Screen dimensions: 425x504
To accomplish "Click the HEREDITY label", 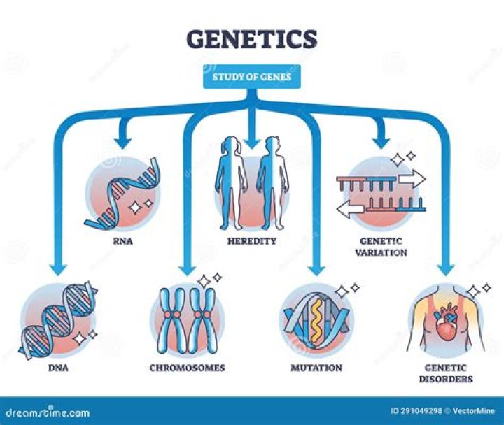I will point(252,241).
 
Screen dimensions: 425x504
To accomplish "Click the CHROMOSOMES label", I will point(187,368).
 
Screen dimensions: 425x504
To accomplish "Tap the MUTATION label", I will point(316,368).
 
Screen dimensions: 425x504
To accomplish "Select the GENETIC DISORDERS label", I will point(445,373).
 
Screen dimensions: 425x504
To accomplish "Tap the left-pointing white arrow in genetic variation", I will point(351,208).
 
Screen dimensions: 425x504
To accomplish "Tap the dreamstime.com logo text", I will point(45,412).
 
